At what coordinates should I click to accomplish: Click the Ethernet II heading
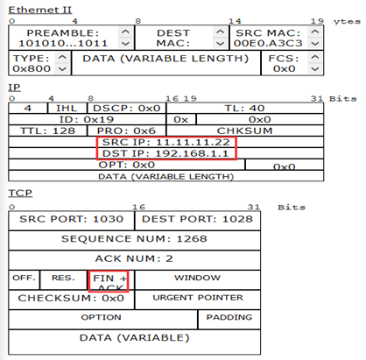tap(40, 10)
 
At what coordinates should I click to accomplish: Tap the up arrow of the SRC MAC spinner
tap(315, 32)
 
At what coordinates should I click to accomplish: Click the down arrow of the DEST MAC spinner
tap(220, 44)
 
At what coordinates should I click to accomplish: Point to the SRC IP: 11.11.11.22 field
tap(166, 142)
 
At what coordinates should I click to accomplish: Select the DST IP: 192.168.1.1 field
tap(166, 153)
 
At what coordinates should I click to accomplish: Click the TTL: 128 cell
tap(48, 131)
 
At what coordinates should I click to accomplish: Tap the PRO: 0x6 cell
tap(127, 131)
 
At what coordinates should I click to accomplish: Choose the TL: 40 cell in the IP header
tap(245, 108)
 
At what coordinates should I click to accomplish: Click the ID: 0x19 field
tap(87, 119)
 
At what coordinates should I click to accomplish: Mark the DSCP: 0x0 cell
tap(127, 108)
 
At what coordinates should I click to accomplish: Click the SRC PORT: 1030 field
tap(72, 220)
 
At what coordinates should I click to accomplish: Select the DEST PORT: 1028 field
tap(198, 220)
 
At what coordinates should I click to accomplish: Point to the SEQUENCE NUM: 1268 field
tap(135, 239)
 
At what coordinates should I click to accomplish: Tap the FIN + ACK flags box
tap(109, 281)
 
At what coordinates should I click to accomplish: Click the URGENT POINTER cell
tap(198, 299)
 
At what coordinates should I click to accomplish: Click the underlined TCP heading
tap(20, 193)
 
